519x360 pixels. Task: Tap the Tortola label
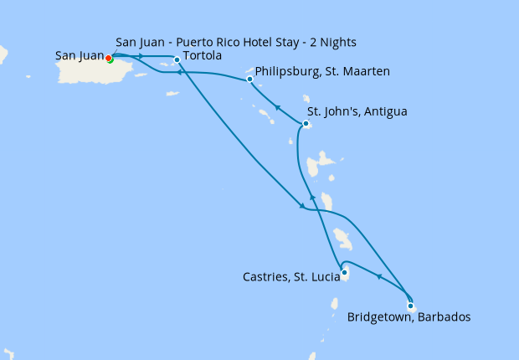[x=202, y=56]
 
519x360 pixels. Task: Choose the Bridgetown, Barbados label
[x=409, y=317]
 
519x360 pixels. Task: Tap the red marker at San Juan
[x=108, y=58]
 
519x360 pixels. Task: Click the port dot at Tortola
[x=177, y=59]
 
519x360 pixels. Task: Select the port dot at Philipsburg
[x=250, y=80]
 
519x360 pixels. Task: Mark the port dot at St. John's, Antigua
[x=306, y=125]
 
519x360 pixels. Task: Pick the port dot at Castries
[x=344, y=271]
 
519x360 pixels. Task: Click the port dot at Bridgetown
[x=410, y=306]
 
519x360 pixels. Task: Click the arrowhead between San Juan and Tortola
[x=142, y=56]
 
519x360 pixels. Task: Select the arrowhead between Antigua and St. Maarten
[x=277, y=106]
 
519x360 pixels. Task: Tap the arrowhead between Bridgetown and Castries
[x=379, y=277]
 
